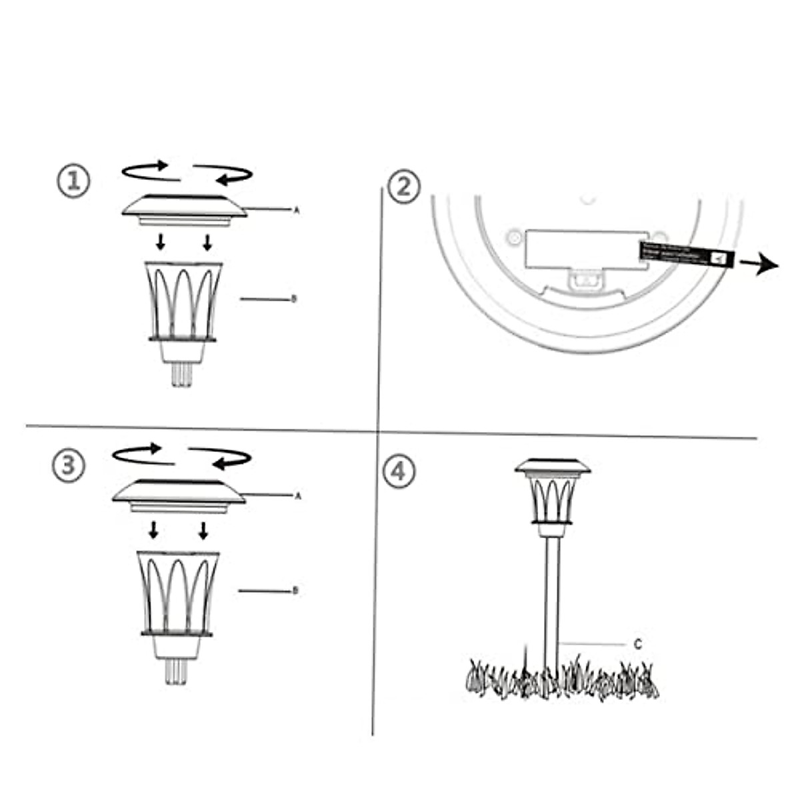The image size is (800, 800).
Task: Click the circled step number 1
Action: click(74, 181)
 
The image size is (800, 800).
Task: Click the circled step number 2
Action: click(404, 187)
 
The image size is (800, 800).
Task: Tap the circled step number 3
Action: click(69, 465)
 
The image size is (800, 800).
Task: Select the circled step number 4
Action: click(398, 471)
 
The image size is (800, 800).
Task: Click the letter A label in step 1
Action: click(297, 210)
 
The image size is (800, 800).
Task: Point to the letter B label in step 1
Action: click(294, 299)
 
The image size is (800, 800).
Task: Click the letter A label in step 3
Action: click(298, 496)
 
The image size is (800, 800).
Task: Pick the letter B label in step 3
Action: click(295, 591)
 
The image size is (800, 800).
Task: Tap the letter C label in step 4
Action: click(637, 645)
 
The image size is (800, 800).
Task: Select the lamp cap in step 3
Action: click(179, 495)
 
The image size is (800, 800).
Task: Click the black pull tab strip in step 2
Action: click(687, 255)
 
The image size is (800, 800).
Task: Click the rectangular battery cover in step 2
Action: click(585, 249)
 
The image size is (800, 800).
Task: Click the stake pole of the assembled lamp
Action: click(552, 600)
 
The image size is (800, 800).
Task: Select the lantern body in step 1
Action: click(183, 303)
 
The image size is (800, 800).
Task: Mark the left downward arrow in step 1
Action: click(161, 242)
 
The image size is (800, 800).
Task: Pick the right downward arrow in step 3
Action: click(203, 530)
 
